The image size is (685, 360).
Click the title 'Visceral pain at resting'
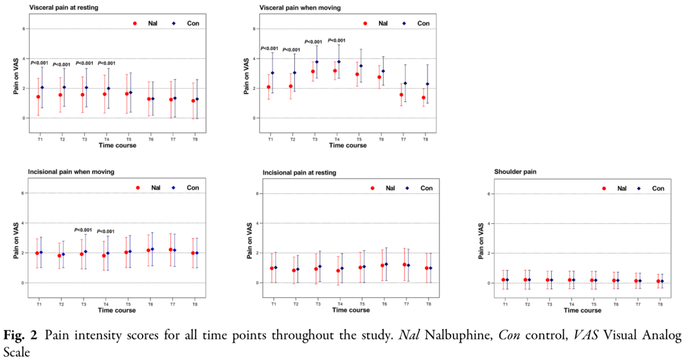(x=67, y=8)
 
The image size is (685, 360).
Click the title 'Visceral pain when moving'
(x=300, y=8)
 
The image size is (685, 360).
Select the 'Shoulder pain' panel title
(x=516, y=172)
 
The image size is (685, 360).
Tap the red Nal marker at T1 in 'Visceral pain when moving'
(x=269, y=87)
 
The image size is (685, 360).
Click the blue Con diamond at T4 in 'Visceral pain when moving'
(x=339, y=61)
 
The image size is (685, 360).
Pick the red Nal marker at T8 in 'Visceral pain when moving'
(x=424, y=98)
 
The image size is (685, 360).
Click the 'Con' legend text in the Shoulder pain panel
(x=658, y=188)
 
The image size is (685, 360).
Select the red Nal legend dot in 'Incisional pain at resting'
(x=373, y=188)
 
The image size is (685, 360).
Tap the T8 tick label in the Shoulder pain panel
(x=660, y=305)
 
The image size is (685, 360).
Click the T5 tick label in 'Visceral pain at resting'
(x=129, y=138)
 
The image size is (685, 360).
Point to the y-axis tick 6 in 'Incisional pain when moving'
(x=23, y=193)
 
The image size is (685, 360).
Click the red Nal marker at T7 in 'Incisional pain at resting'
(x=405, y=264)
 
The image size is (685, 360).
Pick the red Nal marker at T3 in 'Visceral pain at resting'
(x=82, y=94)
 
